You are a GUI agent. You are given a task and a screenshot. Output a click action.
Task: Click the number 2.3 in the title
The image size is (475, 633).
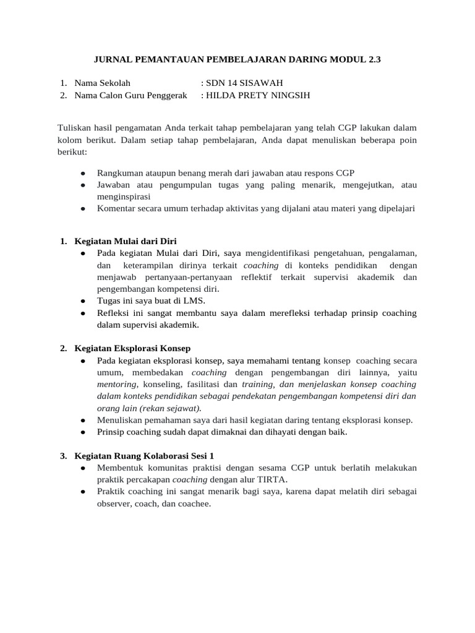coord(375,60)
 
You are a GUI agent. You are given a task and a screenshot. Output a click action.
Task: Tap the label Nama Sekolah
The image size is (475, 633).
coord(102,83)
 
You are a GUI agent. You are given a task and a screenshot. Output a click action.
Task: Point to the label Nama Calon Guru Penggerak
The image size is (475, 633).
coord(132,95)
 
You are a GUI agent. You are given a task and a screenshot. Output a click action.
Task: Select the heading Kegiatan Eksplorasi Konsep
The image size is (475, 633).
coord(132,348)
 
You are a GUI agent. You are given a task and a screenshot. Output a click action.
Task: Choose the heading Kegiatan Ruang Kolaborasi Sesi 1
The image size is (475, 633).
coord(144,456)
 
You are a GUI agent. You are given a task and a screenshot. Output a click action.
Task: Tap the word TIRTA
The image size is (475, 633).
coord(273,479)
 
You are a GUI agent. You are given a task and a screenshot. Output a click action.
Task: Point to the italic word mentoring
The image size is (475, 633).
coord(116,384)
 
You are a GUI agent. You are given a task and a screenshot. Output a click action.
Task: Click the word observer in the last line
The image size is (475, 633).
coord(114,503)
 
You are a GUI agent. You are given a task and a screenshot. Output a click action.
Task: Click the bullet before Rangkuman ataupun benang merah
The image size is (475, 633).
coord(83,172)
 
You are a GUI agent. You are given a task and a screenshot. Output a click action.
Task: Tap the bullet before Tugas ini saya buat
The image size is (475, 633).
coord(83,300)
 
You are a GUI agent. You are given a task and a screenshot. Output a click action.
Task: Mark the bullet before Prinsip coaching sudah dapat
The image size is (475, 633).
coord(83,432)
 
